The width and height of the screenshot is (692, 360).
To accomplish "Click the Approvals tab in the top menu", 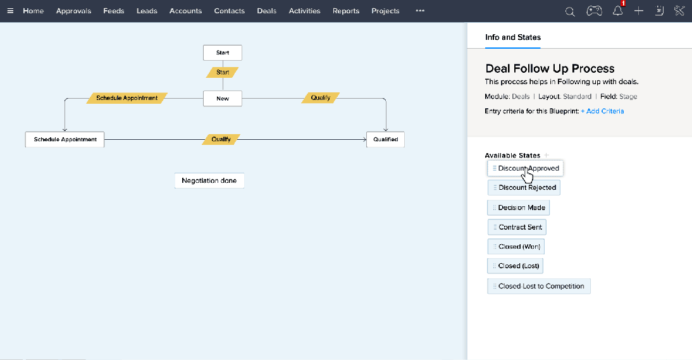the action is click(73, 11).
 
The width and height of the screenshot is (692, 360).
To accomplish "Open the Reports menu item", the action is click(346, 11).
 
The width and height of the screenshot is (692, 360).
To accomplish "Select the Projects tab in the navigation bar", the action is click(385, 11).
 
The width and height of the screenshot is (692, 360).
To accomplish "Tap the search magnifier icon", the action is click(570, 11).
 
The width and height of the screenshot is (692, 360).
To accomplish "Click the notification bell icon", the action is click(617, 11).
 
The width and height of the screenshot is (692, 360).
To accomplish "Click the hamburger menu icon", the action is click(10, 11).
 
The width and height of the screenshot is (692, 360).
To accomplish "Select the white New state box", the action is click(223, 98).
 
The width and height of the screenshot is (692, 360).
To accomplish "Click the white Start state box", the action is click(223, 53).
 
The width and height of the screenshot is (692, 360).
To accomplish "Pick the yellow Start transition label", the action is click(223, 72).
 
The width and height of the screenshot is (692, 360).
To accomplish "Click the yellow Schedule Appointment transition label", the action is click(127, 98).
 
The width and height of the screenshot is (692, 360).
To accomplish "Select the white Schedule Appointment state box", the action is click(65, 139).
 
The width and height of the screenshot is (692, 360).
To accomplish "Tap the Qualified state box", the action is click(385, 139).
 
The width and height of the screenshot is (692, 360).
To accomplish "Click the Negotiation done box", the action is click(209, 180).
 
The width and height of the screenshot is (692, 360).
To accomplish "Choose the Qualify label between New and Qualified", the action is click(321, 98).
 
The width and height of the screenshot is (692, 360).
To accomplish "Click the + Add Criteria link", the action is click(602, 111).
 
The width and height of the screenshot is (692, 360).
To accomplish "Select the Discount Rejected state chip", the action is click(524, 187).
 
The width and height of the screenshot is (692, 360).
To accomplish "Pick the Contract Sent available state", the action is click(517, 227).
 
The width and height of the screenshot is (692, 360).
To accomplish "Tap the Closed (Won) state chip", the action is click(516, 247).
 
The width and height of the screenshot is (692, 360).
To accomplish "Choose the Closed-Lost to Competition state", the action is click(539, 287).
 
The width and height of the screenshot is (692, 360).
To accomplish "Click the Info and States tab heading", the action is click(513, 37).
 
